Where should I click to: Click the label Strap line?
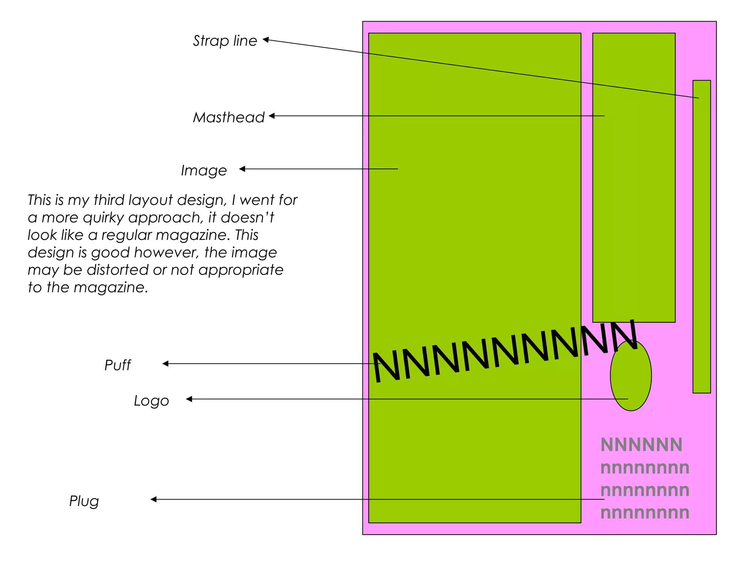point(225,41)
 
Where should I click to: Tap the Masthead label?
point(229,117)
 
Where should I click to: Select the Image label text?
point(204,171)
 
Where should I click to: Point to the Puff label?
point(117,365)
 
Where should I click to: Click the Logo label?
point(151,401)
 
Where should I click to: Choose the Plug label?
point(84,501)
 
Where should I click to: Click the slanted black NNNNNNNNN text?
point(505,353)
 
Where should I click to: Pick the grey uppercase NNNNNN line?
point(641,445)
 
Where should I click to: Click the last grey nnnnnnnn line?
point(644,513)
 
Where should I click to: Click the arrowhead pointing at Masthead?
point(272,116)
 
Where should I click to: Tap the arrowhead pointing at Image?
point(242,169)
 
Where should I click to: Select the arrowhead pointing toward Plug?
point(154,499)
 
